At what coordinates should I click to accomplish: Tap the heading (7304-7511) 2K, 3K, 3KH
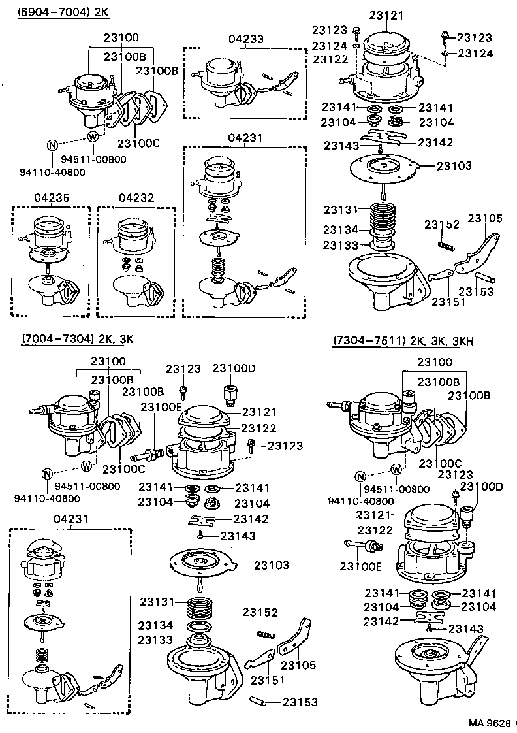(404, 340)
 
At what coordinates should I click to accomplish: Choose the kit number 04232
(135, 197)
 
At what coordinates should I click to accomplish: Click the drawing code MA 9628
(489, 723)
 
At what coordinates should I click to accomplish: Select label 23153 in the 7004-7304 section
(300, 702)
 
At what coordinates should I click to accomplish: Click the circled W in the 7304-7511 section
(396, 470)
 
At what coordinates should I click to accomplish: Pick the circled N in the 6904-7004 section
(53, 145)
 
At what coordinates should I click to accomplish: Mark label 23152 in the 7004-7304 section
(261, 612)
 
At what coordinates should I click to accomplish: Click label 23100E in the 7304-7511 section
(360, 566)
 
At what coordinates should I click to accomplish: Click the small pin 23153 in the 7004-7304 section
(259, 702)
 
